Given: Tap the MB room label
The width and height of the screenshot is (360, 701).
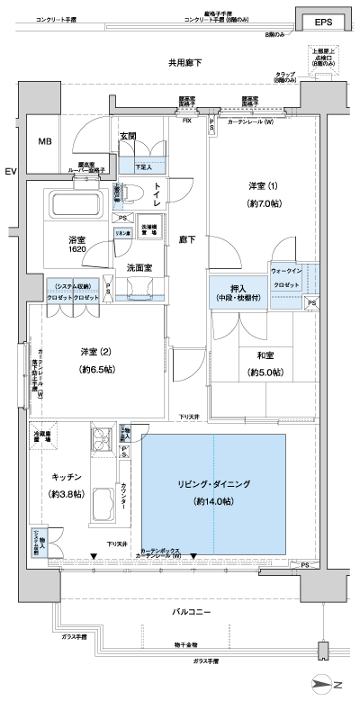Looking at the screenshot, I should tap(44, 142).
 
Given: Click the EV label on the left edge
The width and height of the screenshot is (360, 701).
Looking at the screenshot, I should tap(10, 171).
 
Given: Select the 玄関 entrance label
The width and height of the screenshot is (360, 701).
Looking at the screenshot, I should tap(127, 137).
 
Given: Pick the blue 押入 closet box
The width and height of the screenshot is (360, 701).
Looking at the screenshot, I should tap(237, 292).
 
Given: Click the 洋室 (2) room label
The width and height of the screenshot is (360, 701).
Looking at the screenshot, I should tap(90, 351).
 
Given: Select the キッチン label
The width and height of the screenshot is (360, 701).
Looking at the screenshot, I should tap(67, 477).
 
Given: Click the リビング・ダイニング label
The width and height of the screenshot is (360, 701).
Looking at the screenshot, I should tap(213, 483).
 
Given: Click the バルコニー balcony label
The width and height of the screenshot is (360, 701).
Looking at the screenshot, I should tap(192, 611).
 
